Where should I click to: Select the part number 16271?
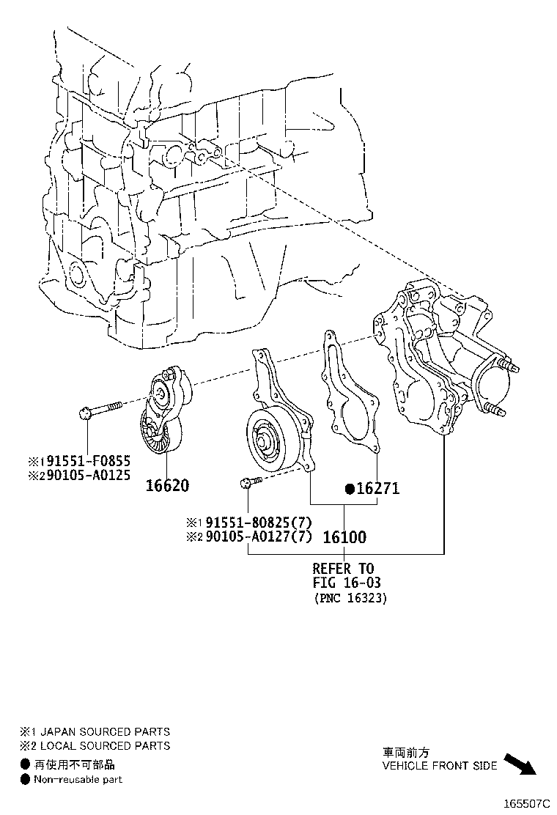[377, 488]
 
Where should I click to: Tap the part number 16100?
[344, 537]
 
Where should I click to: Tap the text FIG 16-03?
[347, 583]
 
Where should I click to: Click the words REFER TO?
[343, 568]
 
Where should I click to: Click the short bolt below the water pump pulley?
[249, 482]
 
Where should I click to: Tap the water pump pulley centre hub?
[262, 441]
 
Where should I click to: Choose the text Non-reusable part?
[78, 779]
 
